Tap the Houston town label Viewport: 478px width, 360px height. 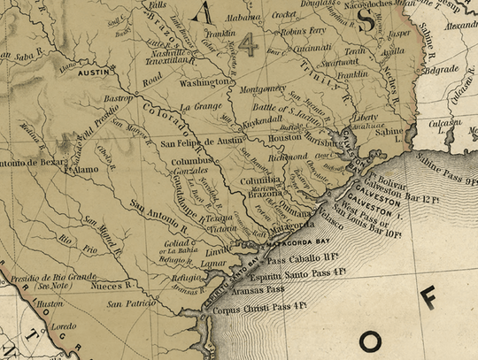click(x=284, y=138)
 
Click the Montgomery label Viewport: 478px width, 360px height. click(x=265, y=88)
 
